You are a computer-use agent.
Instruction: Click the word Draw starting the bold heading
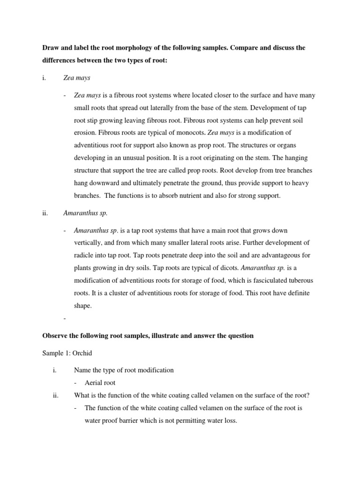[x=52, y=48]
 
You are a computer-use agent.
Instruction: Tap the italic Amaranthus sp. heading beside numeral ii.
[x=85, y=213]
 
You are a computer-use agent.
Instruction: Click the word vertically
[x=88, y=242]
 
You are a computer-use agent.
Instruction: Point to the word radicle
[x=84, y=255]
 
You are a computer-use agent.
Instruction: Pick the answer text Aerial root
[x=101, y=382]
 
